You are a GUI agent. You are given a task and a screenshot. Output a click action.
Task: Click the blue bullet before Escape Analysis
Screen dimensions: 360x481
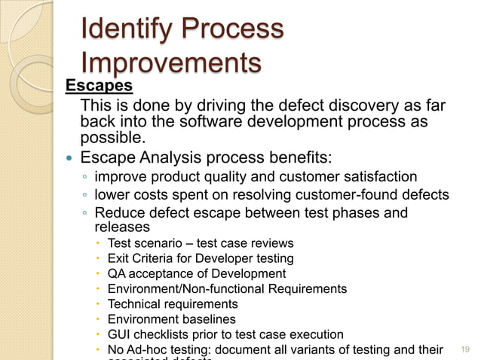(x=69, y=159)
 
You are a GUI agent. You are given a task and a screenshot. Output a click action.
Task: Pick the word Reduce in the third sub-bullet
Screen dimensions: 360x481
(x=118, y=213)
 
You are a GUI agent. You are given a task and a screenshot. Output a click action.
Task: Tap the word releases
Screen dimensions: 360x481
(x=121, y=227)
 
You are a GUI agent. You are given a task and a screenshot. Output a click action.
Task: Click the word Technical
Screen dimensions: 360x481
(x=134, y=304)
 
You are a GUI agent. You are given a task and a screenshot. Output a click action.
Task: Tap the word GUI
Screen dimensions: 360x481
(x=119, y=334)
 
